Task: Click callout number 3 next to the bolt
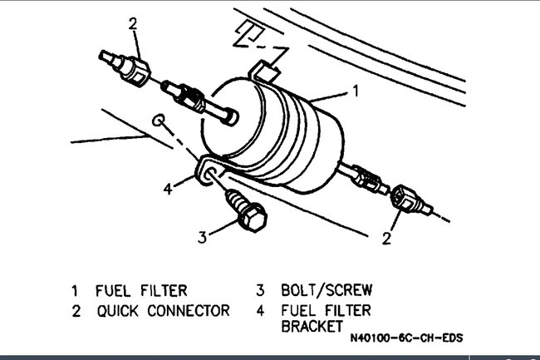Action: click(x=201, y=237)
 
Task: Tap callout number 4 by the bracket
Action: click(x=168, y=188)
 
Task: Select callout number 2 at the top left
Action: click(x=132, y=23)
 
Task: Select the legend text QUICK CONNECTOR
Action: click(x=163, y=311)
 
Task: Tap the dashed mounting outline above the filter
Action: click(x=249, y=34)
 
